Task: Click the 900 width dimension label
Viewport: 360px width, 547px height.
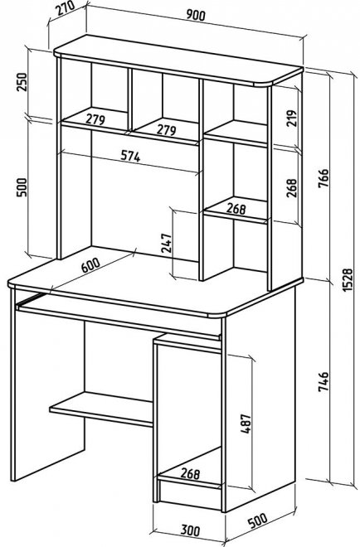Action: (196, 15)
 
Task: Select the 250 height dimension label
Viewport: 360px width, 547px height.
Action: (22, 81)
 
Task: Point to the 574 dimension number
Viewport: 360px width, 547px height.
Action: (130, 156)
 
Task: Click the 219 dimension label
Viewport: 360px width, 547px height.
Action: (291, 119)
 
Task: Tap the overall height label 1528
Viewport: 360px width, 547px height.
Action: (348, 280)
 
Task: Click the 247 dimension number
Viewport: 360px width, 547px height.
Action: (166, 243)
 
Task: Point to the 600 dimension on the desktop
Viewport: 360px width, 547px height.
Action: (90, 265)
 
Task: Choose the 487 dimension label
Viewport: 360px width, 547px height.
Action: (246, 424)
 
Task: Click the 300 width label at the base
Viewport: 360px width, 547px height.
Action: (190, 530)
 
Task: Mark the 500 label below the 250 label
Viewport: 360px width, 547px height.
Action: (22, 187)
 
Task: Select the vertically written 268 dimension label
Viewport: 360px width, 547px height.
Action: (291, 188)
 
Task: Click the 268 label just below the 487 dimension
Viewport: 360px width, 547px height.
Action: (190, 473)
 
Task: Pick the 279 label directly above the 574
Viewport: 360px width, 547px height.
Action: (95, 119)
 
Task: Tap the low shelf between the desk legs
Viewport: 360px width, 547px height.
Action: (101, 409)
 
